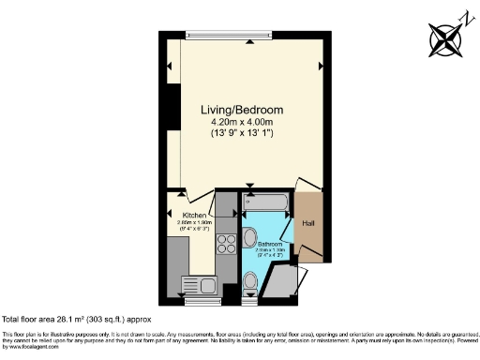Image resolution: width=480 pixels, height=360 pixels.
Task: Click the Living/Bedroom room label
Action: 243,110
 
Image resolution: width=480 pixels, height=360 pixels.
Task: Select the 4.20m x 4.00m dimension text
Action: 243,122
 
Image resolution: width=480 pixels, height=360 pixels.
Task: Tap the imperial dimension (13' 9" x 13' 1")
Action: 243,133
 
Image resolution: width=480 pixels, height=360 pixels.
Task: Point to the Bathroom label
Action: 270,246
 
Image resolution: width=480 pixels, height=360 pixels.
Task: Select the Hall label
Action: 308,223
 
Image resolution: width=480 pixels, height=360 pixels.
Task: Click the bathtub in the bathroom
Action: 267,202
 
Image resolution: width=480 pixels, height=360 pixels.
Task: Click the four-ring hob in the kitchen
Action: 226,244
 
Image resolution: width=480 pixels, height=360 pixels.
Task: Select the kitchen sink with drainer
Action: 200,286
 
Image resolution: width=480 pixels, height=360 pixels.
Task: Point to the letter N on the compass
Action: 463,17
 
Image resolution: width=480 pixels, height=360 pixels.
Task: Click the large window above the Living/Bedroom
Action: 230,36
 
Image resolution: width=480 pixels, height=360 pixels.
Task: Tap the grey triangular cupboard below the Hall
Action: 284,278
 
